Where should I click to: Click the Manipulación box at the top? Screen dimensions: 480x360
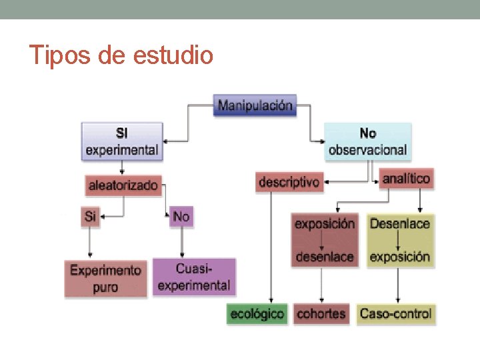[x=255, y=105]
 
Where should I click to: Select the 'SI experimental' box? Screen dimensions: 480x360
[x=121, y=141]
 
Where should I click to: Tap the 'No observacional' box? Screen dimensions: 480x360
[x=367, y=141]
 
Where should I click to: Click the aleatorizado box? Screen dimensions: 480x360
[x=124, y=185]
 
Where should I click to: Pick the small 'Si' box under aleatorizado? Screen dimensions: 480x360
[x=91, y=217]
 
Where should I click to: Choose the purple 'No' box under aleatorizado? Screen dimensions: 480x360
[x=181, y=217]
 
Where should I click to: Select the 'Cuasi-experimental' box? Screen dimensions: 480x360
[x=194, y=277]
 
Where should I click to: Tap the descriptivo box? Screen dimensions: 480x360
[x=289, y=182]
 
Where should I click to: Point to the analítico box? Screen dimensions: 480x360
[x=405, y=178]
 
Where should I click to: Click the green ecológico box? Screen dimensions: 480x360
[x=257, y=313]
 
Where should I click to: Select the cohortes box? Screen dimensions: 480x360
[x=321, y=313]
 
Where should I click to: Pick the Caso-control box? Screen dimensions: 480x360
[x=395, y=313]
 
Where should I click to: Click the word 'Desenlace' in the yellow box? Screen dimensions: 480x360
[x=399, y=224]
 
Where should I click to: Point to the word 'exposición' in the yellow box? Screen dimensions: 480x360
[x=399, y=257]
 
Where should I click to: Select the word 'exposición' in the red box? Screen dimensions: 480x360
[x=325, y=224]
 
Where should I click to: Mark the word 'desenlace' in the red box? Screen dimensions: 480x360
[x=325, y=257]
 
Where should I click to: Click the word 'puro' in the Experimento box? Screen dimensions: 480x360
[x=105, y=287]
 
